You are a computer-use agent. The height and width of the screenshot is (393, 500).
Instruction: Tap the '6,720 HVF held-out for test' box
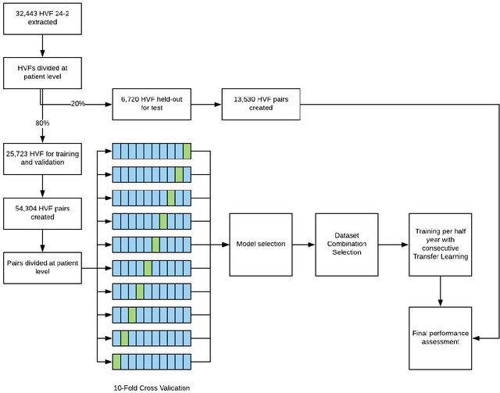click(153, 104)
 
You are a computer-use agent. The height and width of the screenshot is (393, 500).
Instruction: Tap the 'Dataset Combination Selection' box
click(347, 245)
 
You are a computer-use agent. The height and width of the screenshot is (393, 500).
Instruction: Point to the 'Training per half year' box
click(441, 245)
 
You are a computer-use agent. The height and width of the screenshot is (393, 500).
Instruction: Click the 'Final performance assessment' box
click(441, 338)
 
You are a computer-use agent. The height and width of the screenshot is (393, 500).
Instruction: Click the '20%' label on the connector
click(78, 105)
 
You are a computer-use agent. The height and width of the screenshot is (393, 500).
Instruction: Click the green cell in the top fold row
click(187, 151)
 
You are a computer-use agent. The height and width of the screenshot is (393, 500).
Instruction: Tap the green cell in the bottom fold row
click(116, 361)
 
